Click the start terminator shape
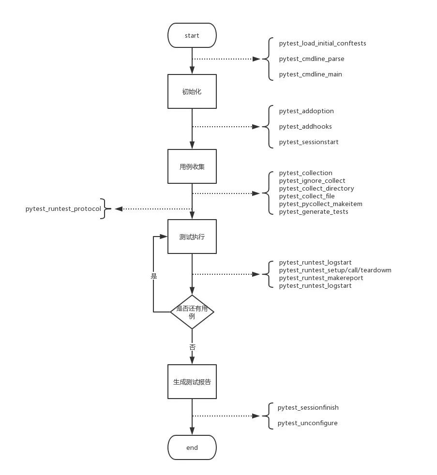[x=192, y=35]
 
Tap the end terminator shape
[x=192, y=447]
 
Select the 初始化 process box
[x=192, y=91]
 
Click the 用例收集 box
[x=192, y=166]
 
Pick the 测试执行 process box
[x=192, y=237]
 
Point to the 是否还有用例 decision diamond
[x=192, y=312]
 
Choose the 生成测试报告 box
[x=192, y=382]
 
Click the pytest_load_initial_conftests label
[x=322, y=43]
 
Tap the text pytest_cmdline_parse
[x=312, y=59]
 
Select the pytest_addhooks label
[x=305, y=126]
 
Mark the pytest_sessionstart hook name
[x=309, y=142]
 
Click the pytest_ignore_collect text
[x=312, y=180]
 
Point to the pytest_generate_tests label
[x=314, y=211]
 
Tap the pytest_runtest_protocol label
[x=63, y=208]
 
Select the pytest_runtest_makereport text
[x=321, y=278]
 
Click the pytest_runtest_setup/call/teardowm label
[x=335, y=270]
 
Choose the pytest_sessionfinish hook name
[x=308, y=407]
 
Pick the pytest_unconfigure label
[x=307, y=423]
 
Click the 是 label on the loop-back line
[x=154, y=276]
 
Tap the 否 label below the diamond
[x=192, y=347]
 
